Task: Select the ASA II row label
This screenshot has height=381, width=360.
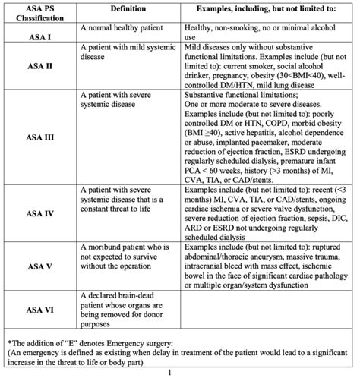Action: tap(39, 66)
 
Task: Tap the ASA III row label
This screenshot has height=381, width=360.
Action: tap(39, 137)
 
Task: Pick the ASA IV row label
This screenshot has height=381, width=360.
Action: tap(39, 214)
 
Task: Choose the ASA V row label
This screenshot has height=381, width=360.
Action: tap(39, 267)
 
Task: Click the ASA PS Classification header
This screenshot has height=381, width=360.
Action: tap(39, 11)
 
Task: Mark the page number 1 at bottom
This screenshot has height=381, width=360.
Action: tap(180, 373)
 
